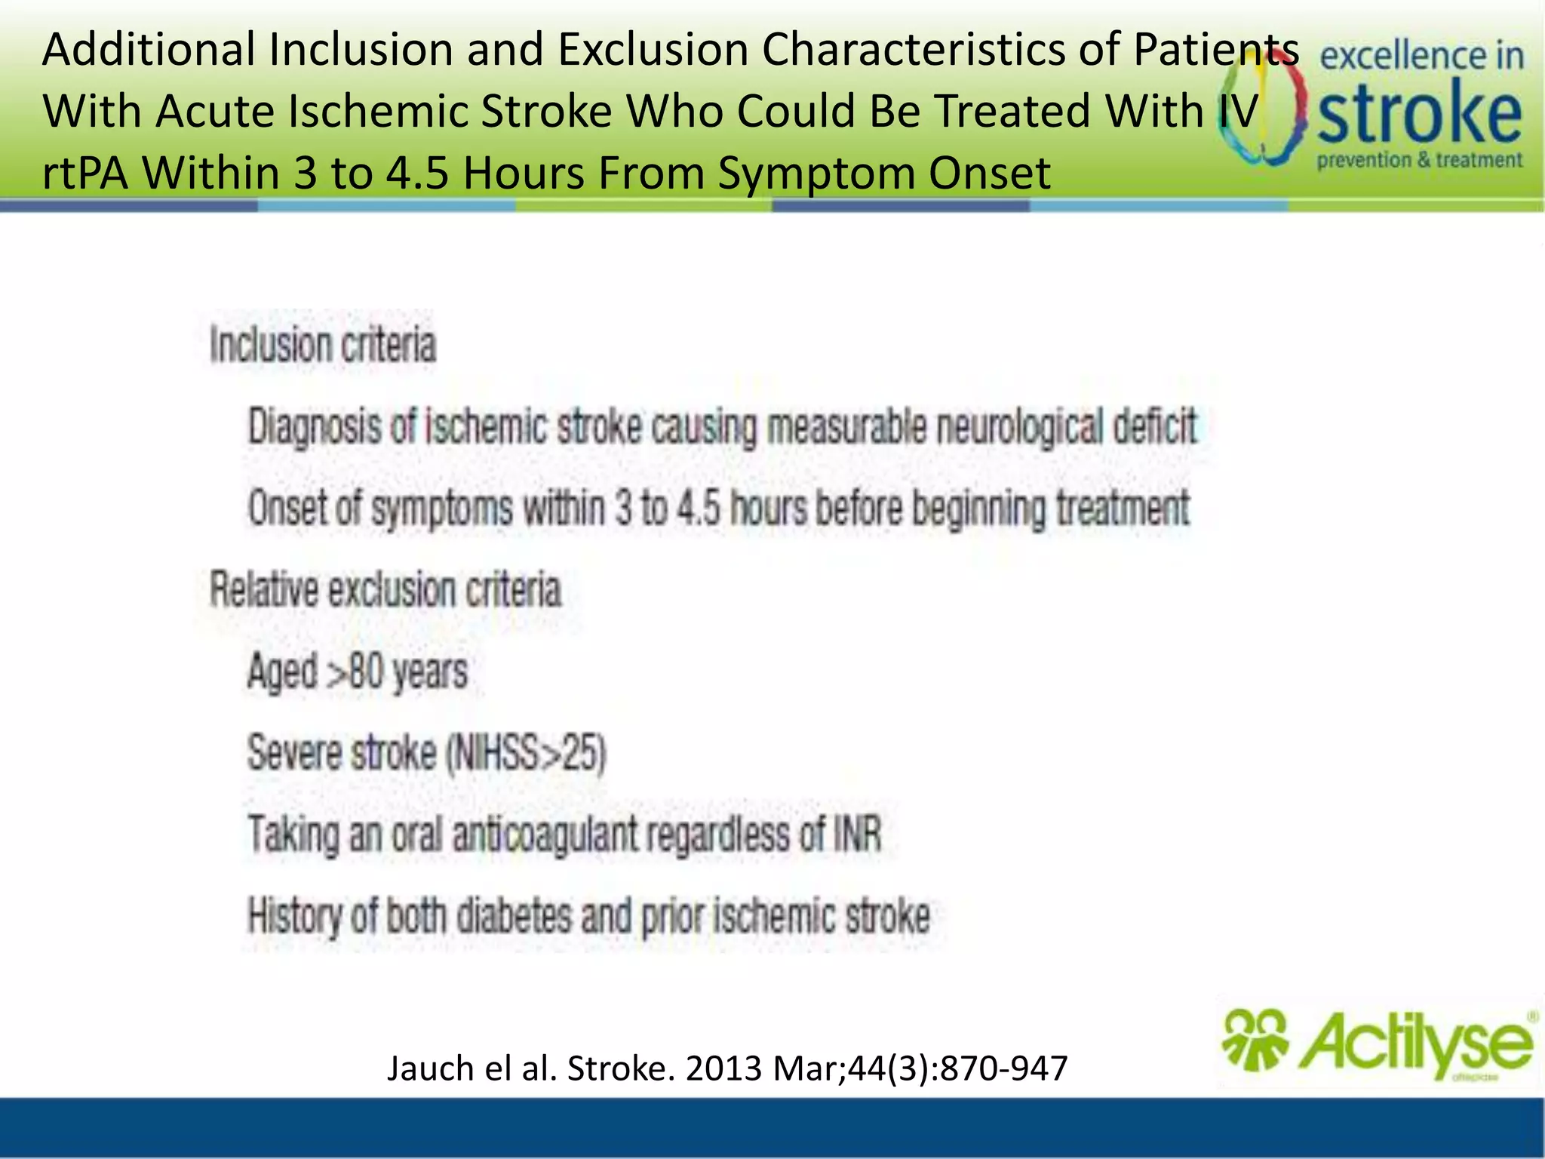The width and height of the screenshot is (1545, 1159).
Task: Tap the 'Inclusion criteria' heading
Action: [323, 346]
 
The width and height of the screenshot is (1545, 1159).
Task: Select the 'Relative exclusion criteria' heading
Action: [385, 589]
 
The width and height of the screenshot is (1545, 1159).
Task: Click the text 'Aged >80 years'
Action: [358, 671]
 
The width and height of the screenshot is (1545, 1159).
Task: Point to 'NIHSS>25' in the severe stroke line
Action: [526, 753]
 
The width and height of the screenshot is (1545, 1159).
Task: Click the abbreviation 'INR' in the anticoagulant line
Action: [857, 835]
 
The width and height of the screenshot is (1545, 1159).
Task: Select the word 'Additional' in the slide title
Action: [149, 50]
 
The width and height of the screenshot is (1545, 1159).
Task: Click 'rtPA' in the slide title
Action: [84, 173]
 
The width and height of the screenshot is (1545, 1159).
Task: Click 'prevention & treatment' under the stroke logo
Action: [1420, 161]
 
